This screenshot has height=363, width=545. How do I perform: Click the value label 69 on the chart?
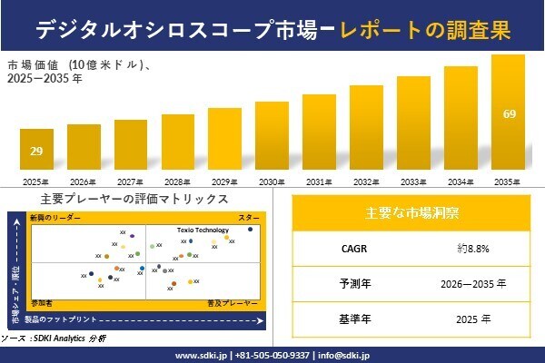(509, 114)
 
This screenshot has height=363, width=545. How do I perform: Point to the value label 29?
(36, 151)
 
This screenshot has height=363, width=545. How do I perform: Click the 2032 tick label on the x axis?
(366, 182)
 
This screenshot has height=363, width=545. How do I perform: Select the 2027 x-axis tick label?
(131, 182)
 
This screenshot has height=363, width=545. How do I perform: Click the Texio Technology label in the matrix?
(203, 231)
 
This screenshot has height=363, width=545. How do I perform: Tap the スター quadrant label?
(249, 219)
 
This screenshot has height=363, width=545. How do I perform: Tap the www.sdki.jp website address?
(201, 355)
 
